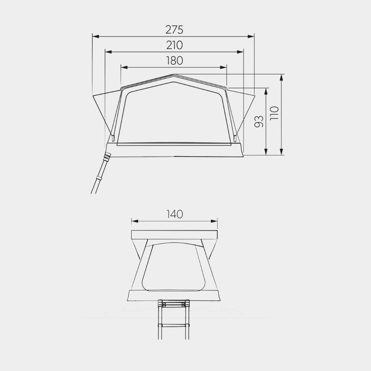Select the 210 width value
coord(174,45)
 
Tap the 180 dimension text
coord(174,60)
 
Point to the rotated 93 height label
coord(259,121)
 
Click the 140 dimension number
coord(174,214)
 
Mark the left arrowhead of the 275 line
coord(95,36)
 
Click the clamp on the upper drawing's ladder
coord(107,157)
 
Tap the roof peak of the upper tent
coord(174,76)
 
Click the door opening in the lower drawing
coord(174,265)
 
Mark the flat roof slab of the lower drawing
coord(174,234)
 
